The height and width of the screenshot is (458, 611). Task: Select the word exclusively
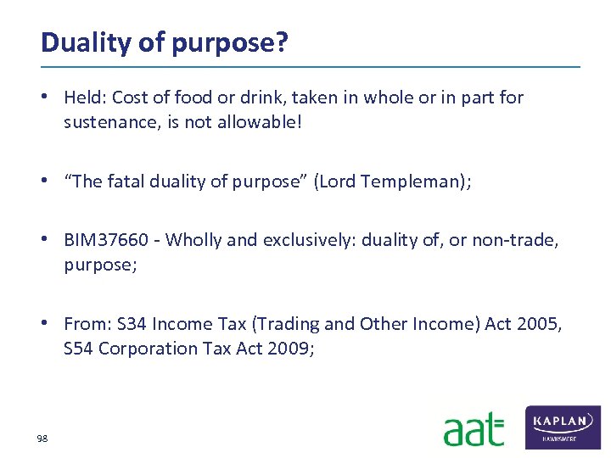click(309, 240)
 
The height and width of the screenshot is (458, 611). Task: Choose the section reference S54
click(79, 349)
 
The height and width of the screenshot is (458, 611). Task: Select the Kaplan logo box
click(563, 427)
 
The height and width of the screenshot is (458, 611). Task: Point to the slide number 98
click(42, 438)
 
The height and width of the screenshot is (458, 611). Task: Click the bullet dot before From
click(51, 324)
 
